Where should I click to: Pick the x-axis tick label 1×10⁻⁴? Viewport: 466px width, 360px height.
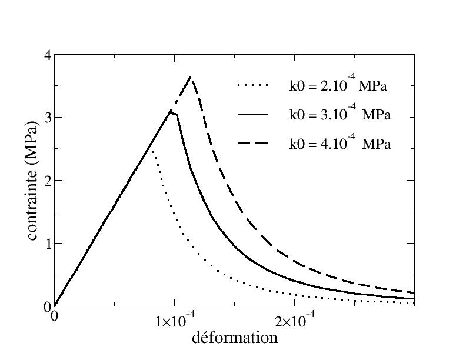tap(174, 320)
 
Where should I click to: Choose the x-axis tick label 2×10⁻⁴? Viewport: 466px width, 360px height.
tap(294, 320)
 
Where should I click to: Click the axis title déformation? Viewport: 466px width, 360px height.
tap(234, 338)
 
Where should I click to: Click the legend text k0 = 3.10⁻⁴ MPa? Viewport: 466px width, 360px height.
tap(339, 115)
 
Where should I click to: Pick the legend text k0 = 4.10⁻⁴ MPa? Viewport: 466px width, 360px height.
tap(339, 144)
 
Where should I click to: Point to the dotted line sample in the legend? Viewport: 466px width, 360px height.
tap(253, 86)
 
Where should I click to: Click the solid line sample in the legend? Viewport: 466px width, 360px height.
tap(253, 115)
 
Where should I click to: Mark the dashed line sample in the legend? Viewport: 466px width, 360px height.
tap(253, 144)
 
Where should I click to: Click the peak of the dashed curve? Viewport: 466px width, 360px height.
tap(190, 77)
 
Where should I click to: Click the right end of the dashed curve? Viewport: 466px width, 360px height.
tap(414, 292)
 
